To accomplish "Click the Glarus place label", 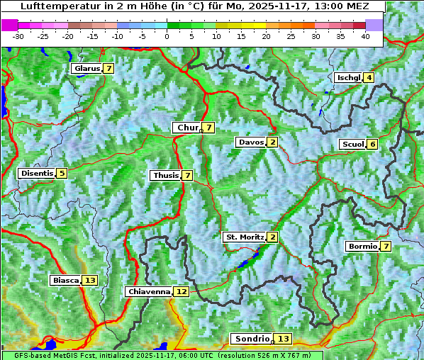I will [87, 69].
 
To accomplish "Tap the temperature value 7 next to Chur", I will [209, 128].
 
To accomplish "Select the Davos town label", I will [251, 142].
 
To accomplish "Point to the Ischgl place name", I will [349, 77].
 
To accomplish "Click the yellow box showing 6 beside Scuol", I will [372, 145].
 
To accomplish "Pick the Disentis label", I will [37, 173].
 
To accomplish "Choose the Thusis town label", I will [165, 175].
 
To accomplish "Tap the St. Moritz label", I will [245, 237].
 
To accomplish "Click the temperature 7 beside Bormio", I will [385, 247].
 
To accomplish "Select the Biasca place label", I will [66, 281].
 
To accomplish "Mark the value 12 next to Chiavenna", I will [182, 291].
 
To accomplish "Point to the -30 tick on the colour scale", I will [18, 35].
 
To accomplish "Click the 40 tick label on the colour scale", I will [365, 35].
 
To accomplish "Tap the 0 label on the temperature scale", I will [167, 35].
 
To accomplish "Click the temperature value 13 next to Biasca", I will [89, 281].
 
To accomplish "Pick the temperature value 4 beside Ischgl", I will [369, 77].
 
